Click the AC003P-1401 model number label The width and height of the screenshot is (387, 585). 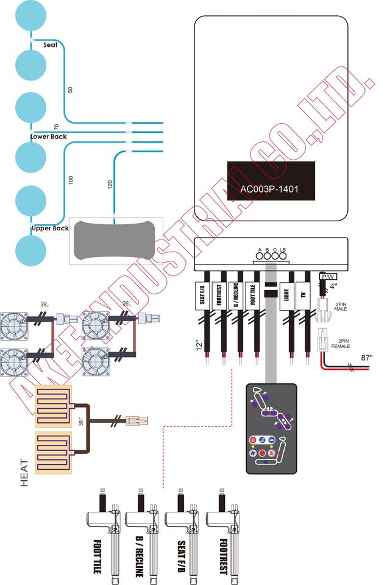(x=271, y=188)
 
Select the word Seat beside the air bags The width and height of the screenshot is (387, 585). (x=51, y=44)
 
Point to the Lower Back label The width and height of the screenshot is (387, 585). (x=49, y=136)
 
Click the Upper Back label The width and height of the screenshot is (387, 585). (x=50, y=229)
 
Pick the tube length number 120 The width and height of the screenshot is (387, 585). (x=110, y=186)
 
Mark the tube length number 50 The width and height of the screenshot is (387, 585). (x=70, y=90)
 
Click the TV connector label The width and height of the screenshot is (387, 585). (x=302, y=297)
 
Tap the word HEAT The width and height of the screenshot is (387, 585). (x=25, y=472)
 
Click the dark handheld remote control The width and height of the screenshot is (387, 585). (x=271, y=428)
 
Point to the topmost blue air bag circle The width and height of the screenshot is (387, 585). (x=30, y=18)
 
